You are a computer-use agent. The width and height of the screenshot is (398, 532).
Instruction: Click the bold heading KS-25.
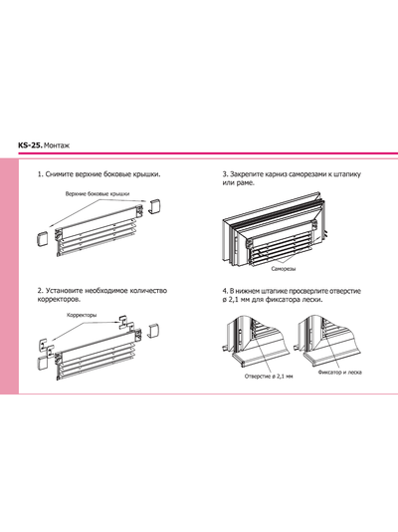pyautogui.click(x=31, y=145)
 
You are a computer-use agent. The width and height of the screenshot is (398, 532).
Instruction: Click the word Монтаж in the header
pyautogui.click(x=57, y=145)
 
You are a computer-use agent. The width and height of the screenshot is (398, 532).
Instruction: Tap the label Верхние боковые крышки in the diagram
pyautogui.click(x=98, y=194)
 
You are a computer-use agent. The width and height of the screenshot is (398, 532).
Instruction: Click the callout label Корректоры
pyautogui.click(x=82, y=315)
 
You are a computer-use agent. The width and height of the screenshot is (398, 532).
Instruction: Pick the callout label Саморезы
pyautogui.click(x=284, y=269)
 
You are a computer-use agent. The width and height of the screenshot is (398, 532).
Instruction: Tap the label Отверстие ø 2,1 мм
pyautogui.click(x=269, y=377)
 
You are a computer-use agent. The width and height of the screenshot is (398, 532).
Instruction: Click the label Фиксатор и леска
pyautogui.click(x=339, y=373)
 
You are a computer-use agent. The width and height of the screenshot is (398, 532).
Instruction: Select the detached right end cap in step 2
pyautogui.click(x=154, y=331)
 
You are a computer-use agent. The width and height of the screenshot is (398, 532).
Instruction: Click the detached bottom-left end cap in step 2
pyautogui.click(x=43, y=363)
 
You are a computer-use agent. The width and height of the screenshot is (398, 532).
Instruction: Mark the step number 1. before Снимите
pyautogui.click(x=41, y=174)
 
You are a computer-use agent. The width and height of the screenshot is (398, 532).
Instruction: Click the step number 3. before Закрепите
pyautogui.click(x=225, y=174)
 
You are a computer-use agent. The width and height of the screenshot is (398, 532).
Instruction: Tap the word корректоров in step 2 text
pyautogui.click(x=59, y=300)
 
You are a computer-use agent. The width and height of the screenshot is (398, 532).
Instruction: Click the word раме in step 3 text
pyautogui.click(x=245, y=183)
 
